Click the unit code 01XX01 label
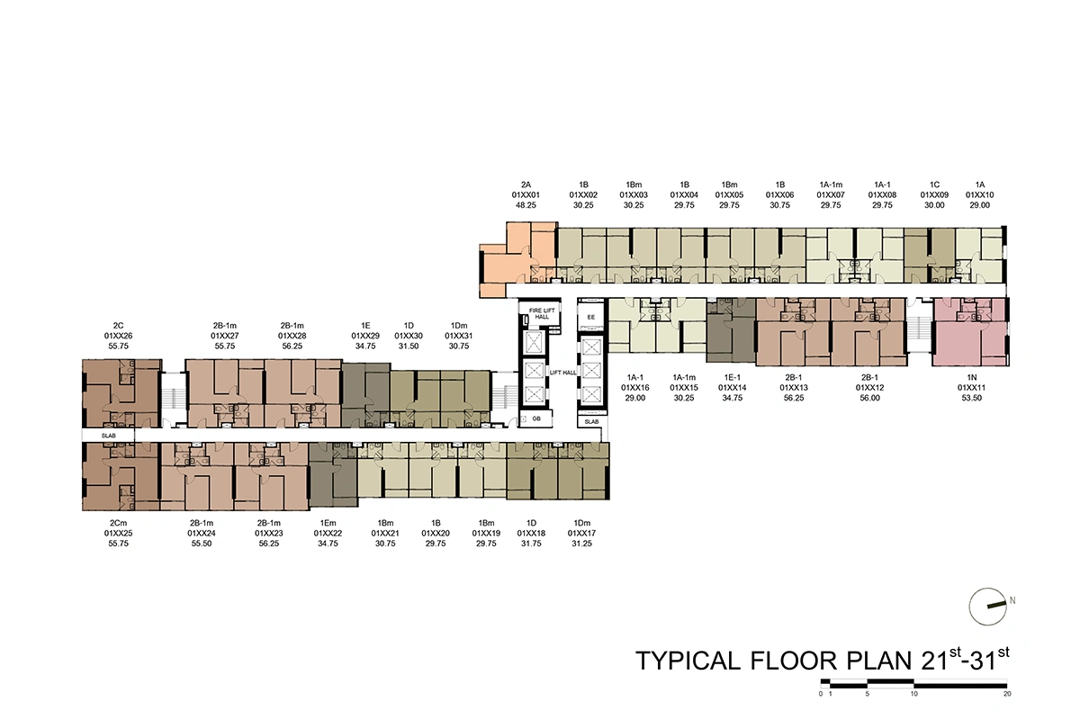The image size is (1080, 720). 526,194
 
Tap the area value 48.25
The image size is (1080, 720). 526,205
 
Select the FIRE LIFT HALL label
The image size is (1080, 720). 542,313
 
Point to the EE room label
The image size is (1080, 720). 591,317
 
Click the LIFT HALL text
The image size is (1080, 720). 563,373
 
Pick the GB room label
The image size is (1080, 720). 536,418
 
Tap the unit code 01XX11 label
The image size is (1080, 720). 971,388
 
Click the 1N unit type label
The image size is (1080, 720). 971,378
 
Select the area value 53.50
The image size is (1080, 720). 971,398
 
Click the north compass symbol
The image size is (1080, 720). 988,607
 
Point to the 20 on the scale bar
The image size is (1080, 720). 1007,694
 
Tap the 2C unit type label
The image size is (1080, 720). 118,326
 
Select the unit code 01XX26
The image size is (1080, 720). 118,336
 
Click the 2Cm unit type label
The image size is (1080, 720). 118,523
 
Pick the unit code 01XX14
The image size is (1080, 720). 732,388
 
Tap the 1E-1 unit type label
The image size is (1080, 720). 732,378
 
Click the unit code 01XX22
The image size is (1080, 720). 328,534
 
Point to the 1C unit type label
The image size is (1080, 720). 934,184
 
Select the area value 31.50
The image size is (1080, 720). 409,346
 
